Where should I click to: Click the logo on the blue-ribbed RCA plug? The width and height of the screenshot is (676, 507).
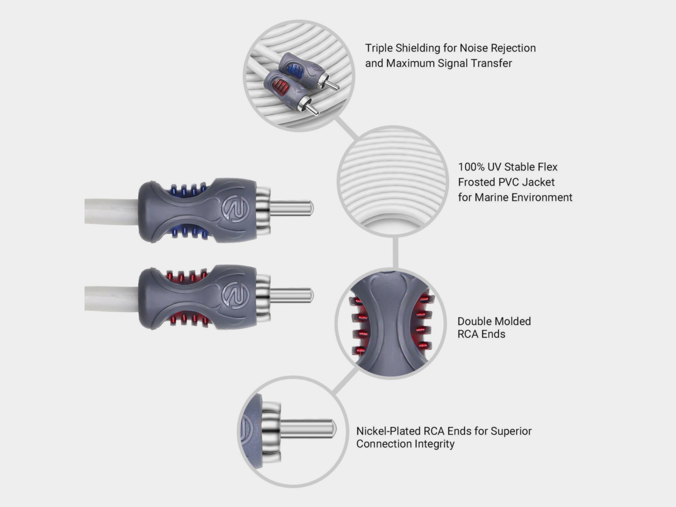pyautogui.click(x=235, y=208)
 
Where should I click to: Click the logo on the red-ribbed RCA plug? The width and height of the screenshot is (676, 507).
pyautogui.click(x=235, y=295)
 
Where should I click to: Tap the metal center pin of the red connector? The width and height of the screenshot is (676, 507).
pyautogui.click(x=292, y=294)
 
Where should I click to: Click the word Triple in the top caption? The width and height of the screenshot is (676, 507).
pyautogui.click(x=379, y=48)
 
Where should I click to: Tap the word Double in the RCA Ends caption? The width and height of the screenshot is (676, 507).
pyautogui.click(x=474, y=321)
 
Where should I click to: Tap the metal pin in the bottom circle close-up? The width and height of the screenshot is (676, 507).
pyautogui.click(x=308, y=429)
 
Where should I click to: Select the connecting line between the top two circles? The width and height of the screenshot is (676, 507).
pyautogui.click(x=346, y=128)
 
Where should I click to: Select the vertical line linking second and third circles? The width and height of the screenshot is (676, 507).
pyautogui.click(x=395, y=252)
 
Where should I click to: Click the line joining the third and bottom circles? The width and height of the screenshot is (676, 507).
pyautogui.click(x=344, y=381)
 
